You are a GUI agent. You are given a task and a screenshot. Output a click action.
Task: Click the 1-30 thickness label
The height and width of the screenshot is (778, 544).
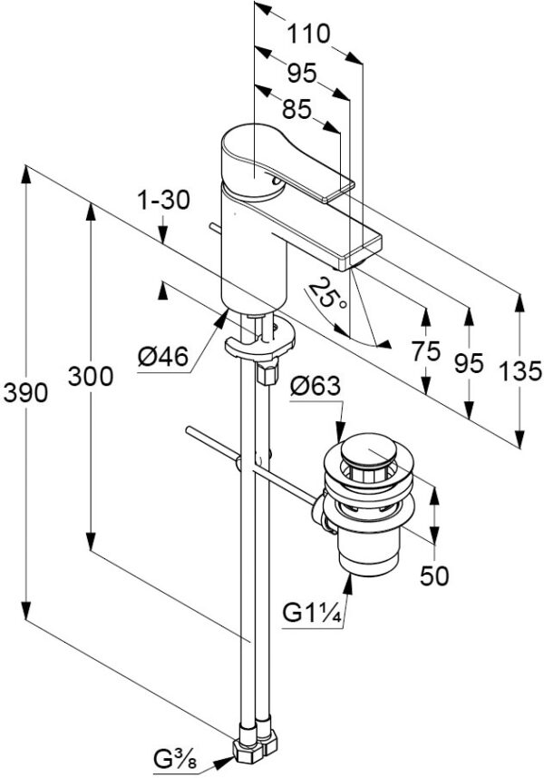pyautogui.click(x=164, y=200)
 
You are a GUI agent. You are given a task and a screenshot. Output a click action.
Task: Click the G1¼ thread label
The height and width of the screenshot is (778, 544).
pyautogui.click(x=311, y=615)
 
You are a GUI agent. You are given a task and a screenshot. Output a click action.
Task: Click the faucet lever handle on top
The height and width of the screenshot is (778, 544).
pyautogui.click(x=272, y=159)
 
